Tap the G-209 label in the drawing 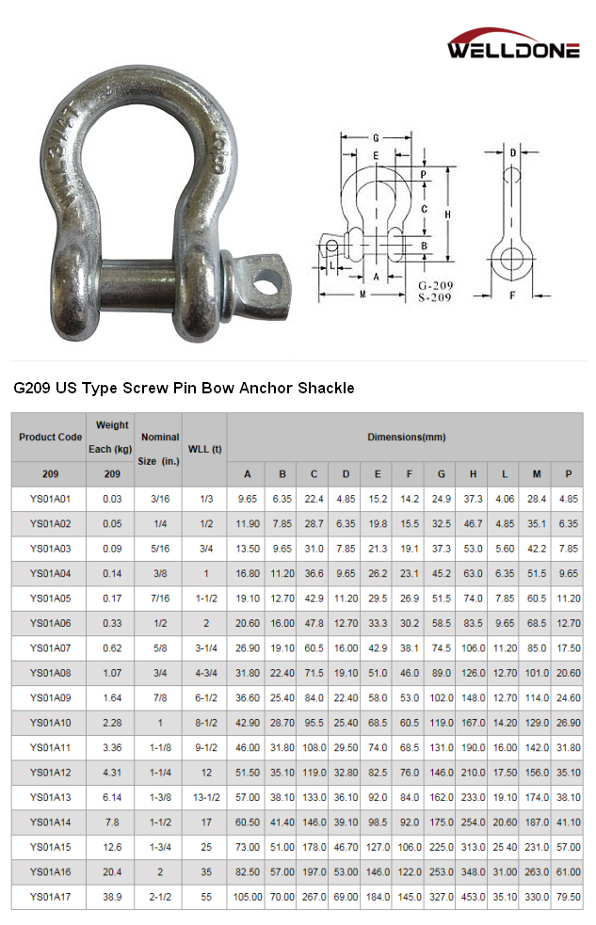(435, 285)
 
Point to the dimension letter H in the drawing (448, 215)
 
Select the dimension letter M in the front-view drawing (363, 295)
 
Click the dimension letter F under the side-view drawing (511, 295)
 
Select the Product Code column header (51, 437)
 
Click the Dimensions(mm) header (407, 437)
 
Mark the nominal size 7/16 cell (159, 598)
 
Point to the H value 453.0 (473, 897)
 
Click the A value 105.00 (248, 897)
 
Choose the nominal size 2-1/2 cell (159, 897)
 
